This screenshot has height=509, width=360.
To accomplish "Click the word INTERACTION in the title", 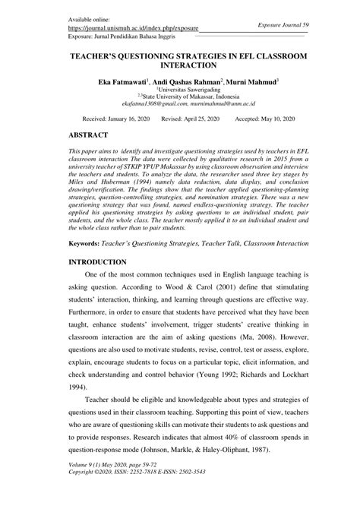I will (179, 67).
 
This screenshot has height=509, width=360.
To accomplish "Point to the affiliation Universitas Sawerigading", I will (181, 88).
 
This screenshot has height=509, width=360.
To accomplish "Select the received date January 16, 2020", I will (116, 119).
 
